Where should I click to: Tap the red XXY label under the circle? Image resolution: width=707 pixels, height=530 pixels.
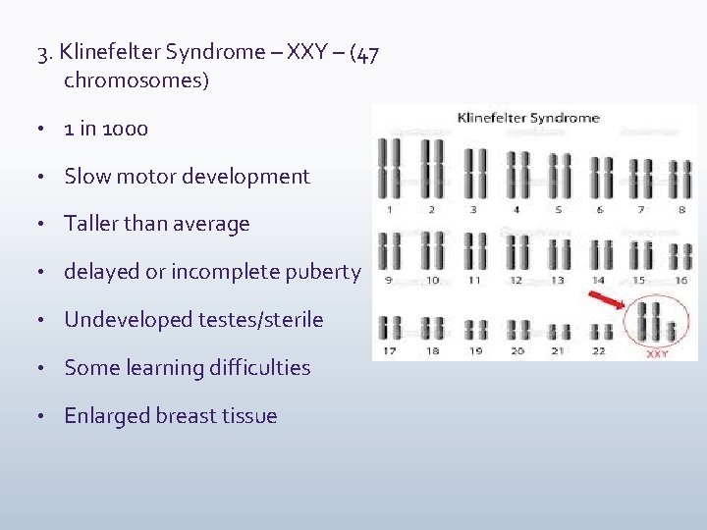click(x=657, y=353)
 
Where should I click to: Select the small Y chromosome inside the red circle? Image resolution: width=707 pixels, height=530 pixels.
click(x=673, y=332)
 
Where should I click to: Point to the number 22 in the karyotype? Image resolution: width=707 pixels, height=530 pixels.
click(x=599, y=350)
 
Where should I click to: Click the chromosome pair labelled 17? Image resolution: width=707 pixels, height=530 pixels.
click(x=390, y=328)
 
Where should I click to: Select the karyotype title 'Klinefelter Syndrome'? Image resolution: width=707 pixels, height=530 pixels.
click(x=528, y=119)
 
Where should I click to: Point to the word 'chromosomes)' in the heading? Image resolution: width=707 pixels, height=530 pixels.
click(x=136, y=80)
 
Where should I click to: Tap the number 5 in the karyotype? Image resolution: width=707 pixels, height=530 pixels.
click(x=558, y=209)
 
